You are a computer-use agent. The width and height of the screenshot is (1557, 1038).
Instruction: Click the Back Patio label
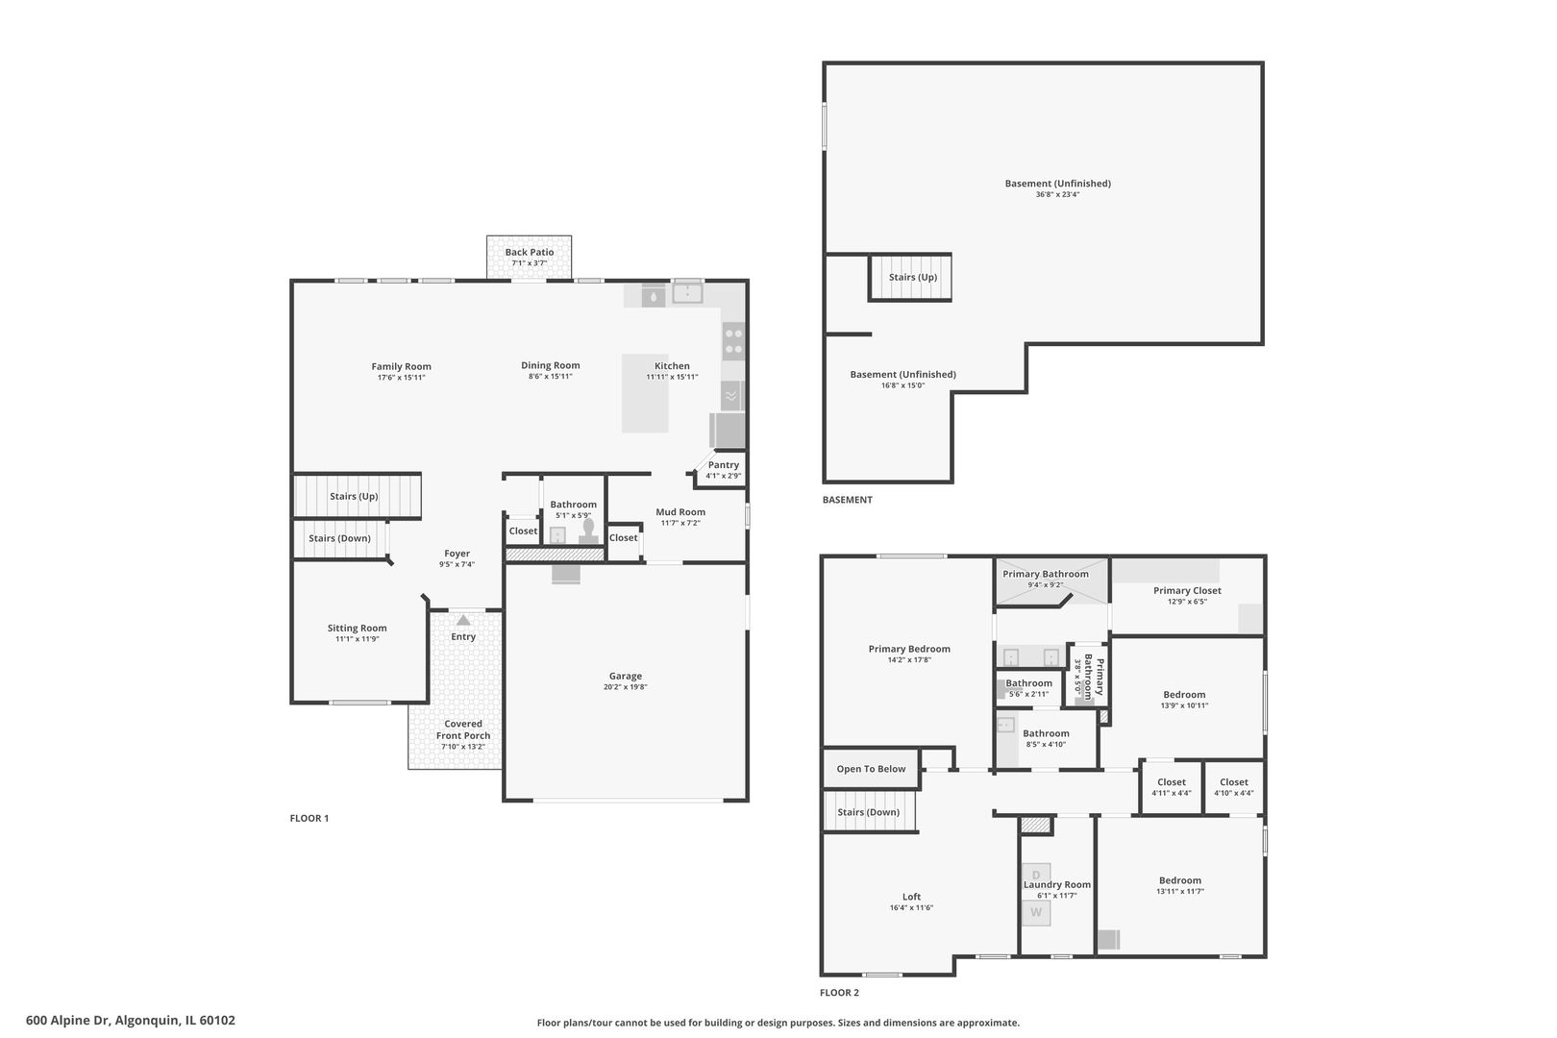(x=529, y=253)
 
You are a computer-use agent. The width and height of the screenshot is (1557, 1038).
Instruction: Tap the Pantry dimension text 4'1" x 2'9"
(x=724, y=477)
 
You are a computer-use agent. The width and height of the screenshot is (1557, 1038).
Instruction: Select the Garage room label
(x=626, y=676)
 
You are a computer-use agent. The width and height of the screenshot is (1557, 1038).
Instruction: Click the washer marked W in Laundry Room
(x=1036, y=913)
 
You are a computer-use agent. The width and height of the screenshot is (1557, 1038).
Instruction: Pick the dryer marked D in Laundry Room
(x=1036, y=875)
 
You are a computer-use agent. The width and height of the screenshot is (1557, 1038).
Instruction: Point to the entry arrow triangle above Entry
(x=463, y=620)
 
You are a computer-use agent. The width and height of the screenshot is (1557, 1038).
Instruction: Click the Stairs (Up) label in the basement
(x=913, y=278)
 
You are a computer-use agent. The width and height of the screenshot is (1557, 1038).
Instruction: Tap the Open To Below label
(x=871, y=769)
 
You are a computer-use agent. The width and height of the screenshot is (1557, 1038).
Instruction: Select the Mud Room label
(x=680, y=511)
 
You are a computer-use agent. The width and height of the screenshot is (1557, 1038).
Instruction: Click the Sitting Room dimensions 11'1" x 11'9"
(x=358, y=639)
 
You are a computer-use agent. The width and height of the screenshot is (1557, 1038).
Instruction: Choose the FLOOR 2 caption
(x=839, y=993)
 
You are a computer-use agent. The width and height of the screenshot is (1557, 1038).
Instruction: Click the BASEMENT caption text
(x=848, y=500)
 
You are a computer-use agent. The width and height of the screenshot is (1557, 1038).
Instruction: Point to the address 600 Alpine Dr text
(x=67, y=1021)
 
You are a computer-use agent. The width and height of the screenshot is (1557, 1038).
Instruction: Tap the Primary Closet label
(x=1187, y=591)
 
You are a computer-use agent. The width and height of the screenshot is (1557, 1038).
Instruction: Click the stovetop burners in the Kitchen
(x=733, y=341)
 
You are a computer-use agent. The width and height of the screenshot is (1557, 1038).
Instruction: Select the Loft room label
(x=911, y=897)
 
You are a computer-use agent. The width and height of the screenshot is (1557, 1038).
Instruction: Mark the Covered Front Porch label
(x=463, y=729)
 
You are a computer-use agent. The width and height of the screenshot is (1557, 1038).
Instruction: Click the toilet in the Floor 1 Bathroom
(x=589, y=531)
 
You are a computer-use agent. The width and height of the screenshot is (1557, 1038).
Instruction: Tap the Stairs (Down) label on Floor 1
(x=339, y=539)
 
